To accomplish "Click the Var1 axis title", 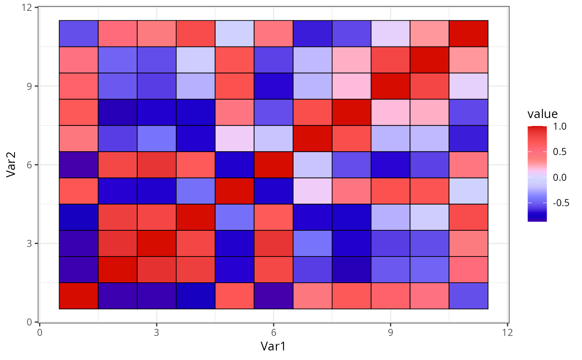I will click(273, 346).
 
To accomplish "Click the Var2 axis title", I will click(12, 165).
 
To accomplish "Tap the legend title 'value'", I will click(543, 114).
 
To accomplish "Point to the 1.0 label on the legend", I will click(560, 126).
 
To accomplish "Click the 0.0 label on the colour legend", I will click(560, 178).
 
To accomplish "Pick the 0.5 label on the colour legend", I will click(560, 152).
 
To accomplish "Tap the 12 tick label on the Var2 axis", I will click(28, 7).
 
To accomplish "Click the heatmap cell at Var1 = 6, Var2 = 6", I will click(274, 165).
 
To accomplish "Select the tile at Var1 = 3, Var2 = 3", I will click(156, 243).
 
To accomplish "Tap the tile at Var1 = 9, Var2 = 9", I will click(390, 86).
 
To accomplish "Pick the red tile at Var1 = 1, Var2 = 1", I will click(79, 296).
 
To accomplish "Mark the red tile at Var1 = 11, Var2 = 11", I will click(469, 34).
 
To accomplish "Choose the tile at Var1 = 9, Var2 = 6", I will click(390, 165).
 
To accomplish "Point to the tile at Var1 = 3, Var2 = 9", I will click(156, 86).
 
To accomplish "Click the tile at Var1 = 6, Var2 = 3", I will click(274, 243).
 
